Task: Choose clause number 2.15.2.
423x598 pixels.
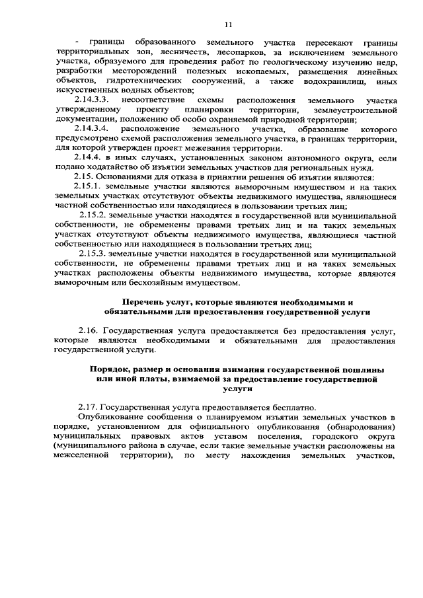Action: pos(93,215)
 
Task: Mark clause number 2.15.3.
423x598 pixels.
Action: pos(93,254)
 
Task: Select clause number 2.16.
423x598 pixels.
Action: pos(88,330)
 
